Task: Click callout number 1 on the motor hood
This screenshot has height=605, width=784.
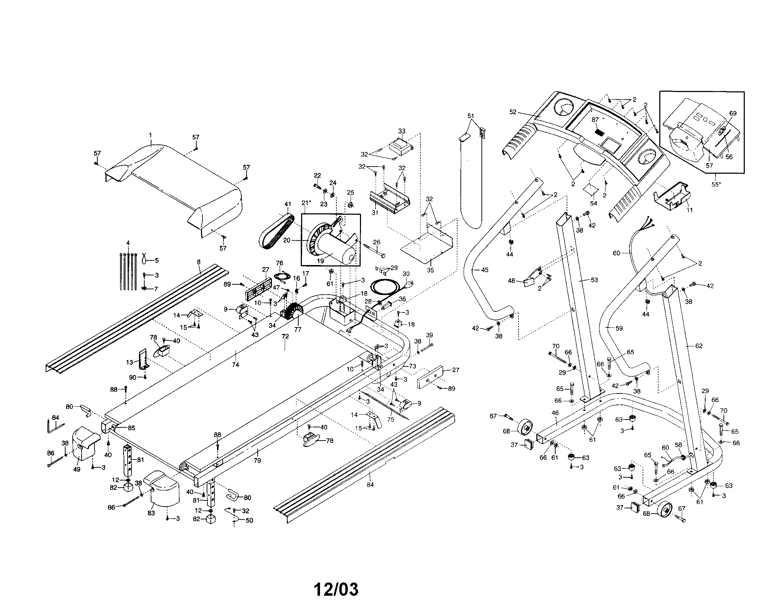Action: pos(150,135)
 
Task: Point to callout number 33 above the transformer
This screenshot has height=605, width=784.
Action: pos(402,131)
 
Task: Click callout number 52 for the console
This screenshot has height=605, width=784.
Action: pos(512,112)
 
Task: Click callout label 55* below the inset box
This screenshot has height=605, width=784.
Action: pos(716,184)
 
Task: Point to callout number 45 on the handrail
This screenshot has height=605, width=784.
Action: pos(485,270)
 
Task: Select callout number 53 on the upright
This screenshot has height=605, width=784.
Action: pos(594,280)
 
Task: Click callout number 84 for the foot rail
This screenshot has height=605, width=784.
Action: pos(370,485)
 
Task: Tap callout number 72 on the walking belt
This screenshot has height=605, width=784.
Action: pos(285,337)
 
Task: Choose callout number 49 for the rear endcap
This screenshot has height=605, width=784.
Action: pos(77,469)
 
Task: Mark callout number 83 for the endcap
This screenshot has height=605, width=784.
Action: pos(151,513)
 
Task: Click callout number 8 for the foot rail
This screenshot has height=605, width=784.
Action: pos(198,262)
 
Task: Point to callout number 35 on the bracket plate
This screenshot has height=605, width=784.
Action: pos(430,270)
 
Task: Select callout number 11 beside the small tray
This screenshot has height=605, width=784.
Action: pos(689,210)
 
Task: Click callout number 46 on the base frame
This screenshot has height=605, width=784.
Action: pos(555,413)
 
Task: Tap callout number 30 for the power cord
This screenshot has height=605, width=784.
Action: pos(406,274)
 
